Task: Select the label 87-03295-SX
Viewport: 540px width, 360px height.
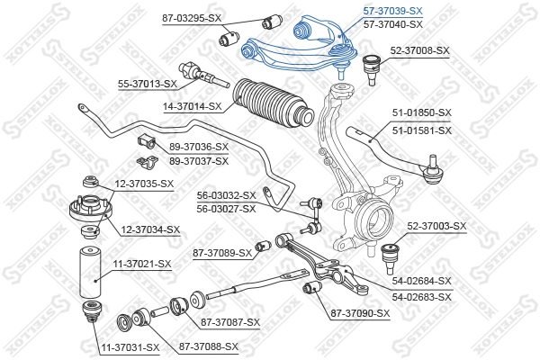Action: (192, 17)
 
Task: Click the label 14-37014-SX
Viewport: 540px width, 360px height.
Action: (192, 106)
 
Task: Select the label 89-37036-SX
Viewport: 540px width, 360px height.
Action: (199, 147)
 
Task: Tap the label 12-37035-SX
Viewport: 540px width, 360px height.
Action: (144, 184)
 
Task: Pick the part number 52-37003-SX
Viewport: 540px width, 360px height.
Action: (436, 226)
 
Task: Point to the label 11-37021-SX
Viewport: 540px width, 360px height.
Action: (141, 264)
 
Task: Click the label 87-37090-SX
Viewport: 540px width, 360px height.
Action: (360, 313)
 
